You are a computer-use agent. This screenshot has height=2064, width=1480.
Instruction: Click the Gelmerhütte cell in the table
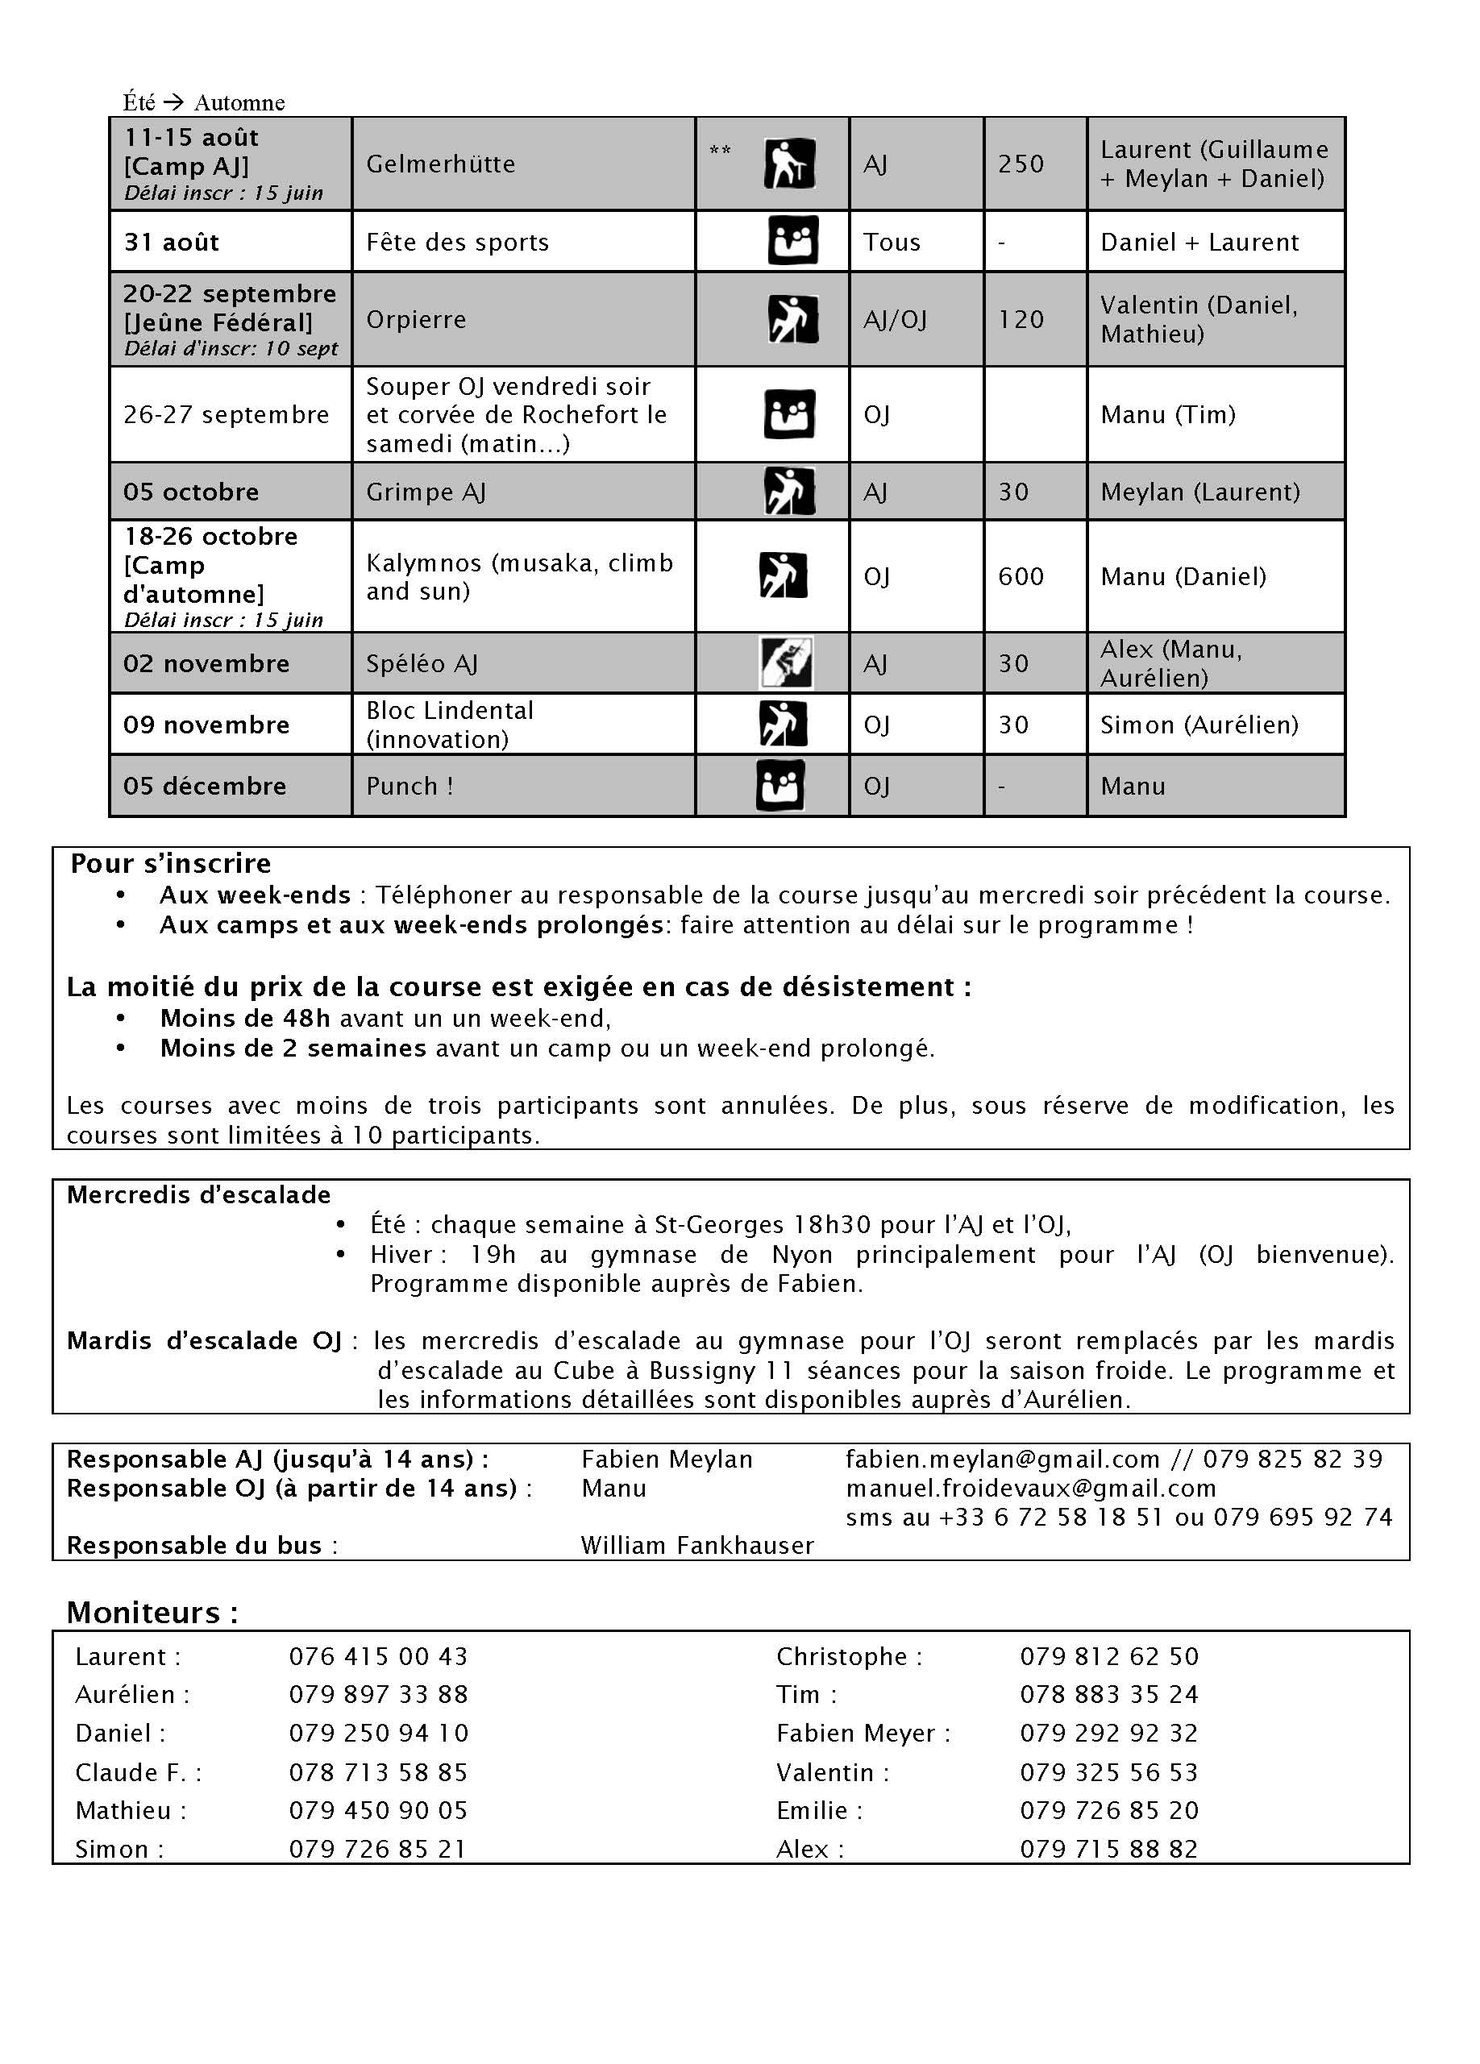[441, 164]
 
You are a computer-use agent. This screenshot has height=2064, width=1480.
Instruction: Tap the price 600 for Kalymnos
[1021, 576]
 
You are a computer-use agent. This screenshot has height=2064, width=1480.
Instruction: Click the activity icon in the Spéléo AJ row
[785, 662]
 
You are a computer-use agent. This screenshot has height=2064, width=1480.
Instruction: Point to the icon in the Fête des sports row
[792, 241]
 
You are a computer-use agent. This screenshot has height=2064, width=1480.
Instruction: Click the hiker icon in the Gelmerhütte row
[788, 164]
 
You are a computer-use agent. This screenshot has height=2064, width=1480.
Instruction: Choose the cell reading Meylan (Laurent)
[1199, 492]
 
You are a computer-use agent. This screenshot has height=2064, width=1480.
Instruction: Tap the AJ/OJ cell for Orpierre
[895, 319]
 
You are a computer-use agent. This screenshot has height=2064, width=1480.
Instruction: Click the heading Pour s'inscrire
[170, 862]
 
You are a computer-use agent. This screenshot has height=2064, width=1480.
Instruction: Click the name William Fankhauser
[697, 1545]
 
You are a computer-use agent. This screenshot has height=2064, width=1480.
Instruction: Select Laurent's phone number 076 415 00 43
[378, 1656]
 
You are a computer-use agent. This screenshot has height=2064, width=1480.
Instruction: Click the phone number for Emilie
[1108, 1810]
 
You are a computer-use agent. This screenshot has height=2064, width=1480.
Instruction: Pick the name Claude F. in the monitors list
[139, 1772]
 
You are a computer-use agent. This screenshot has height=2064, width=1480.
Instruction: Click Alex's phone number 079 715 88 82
[1108, 1848]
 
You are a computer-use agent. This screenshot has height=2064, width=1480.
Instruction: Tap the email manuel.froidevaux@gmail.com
[1030, 1488]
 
